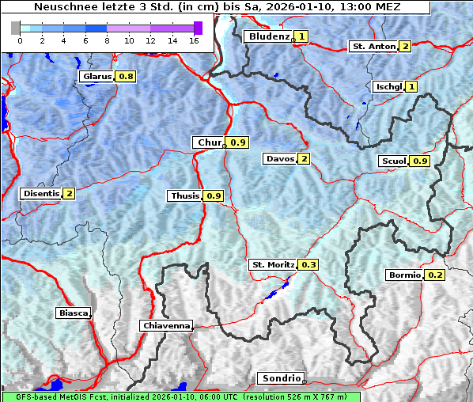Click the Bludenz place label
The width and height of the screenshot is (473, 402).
[268, 36]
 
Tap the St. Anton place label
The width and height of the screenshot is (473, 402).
[373, 47]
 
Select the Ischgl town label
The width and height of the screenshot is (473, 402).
[388, 86]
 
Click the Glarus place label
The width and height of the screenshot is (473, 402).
[96, 77]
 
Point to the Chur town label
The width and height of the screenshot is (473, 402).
[209, 142]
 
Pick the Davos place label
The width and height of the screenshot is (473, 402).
[280, 159]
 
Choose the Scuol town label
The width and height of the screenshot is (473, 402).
[394, 161]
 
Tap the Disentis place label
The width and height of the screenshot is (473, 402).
[41, 193]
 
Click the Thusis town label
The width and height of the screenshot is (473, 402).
[185, 195]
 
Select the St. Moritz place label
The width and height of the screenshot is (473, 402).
[273, 264]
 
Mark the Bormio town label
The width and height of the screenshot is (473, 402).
[404, 275]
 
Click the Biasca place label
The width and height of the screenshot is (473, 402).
[73, 313]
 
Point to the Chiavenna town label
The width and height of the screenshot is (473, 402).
[166, 325]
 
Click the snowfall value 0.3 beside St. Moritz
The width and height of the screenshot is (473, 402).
[308, 264]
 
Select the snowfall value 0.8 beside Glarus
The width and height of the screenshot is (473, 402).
[126, 77]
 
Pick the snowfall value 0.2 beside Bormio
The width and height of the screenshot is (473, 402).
[435, 275]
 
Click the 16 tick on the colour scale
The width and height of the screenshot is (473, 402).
[194, 40]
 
